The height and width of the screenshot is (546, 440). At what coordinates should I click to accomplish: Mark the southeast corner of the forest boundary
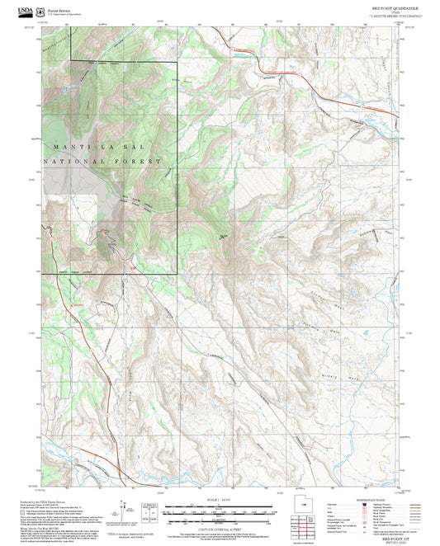[177, 274]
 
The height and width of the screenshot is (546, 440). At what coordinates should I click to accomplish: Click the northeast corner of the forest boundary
[177, 62]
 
